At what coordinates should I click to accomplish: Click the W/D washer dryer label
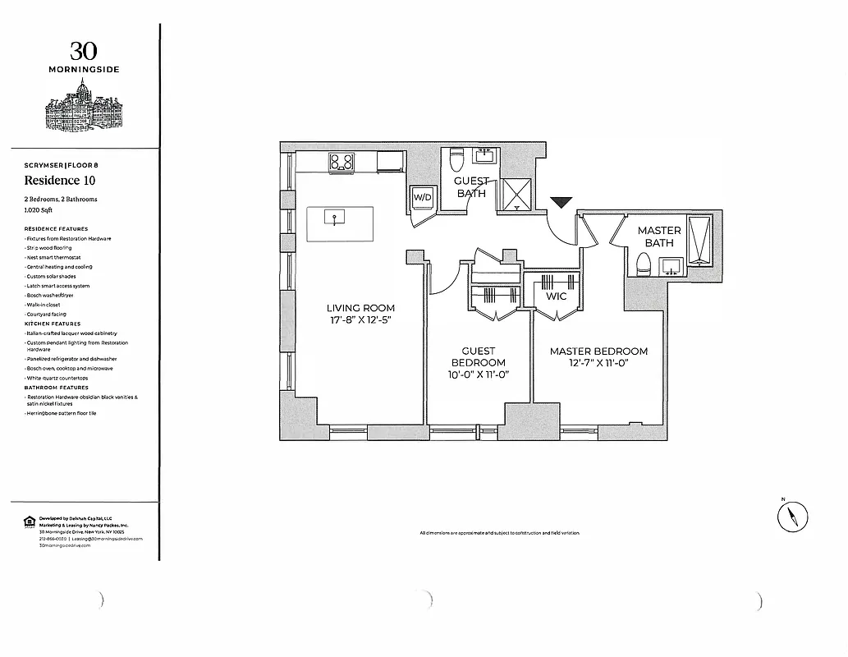421,198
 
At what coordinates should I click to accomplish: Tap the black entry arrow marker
562,203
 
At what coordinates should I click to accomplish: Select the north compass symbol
792,517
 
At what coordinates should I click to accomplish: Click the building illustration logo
83,107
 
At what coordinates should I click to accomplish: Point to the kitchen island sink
335,218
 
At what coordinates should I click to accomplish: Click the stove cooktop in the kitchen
341,162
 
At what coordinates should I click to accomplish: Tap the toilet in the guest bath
457,160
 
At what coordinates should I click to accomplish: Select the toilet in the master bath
644,264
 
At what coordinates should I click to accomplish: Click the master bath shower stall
700,240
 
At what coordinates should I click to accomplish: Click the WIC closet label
556,296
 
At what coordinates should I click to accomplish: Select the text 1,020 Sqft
39,210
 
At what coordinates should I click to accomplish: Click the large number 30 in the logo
83,52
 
